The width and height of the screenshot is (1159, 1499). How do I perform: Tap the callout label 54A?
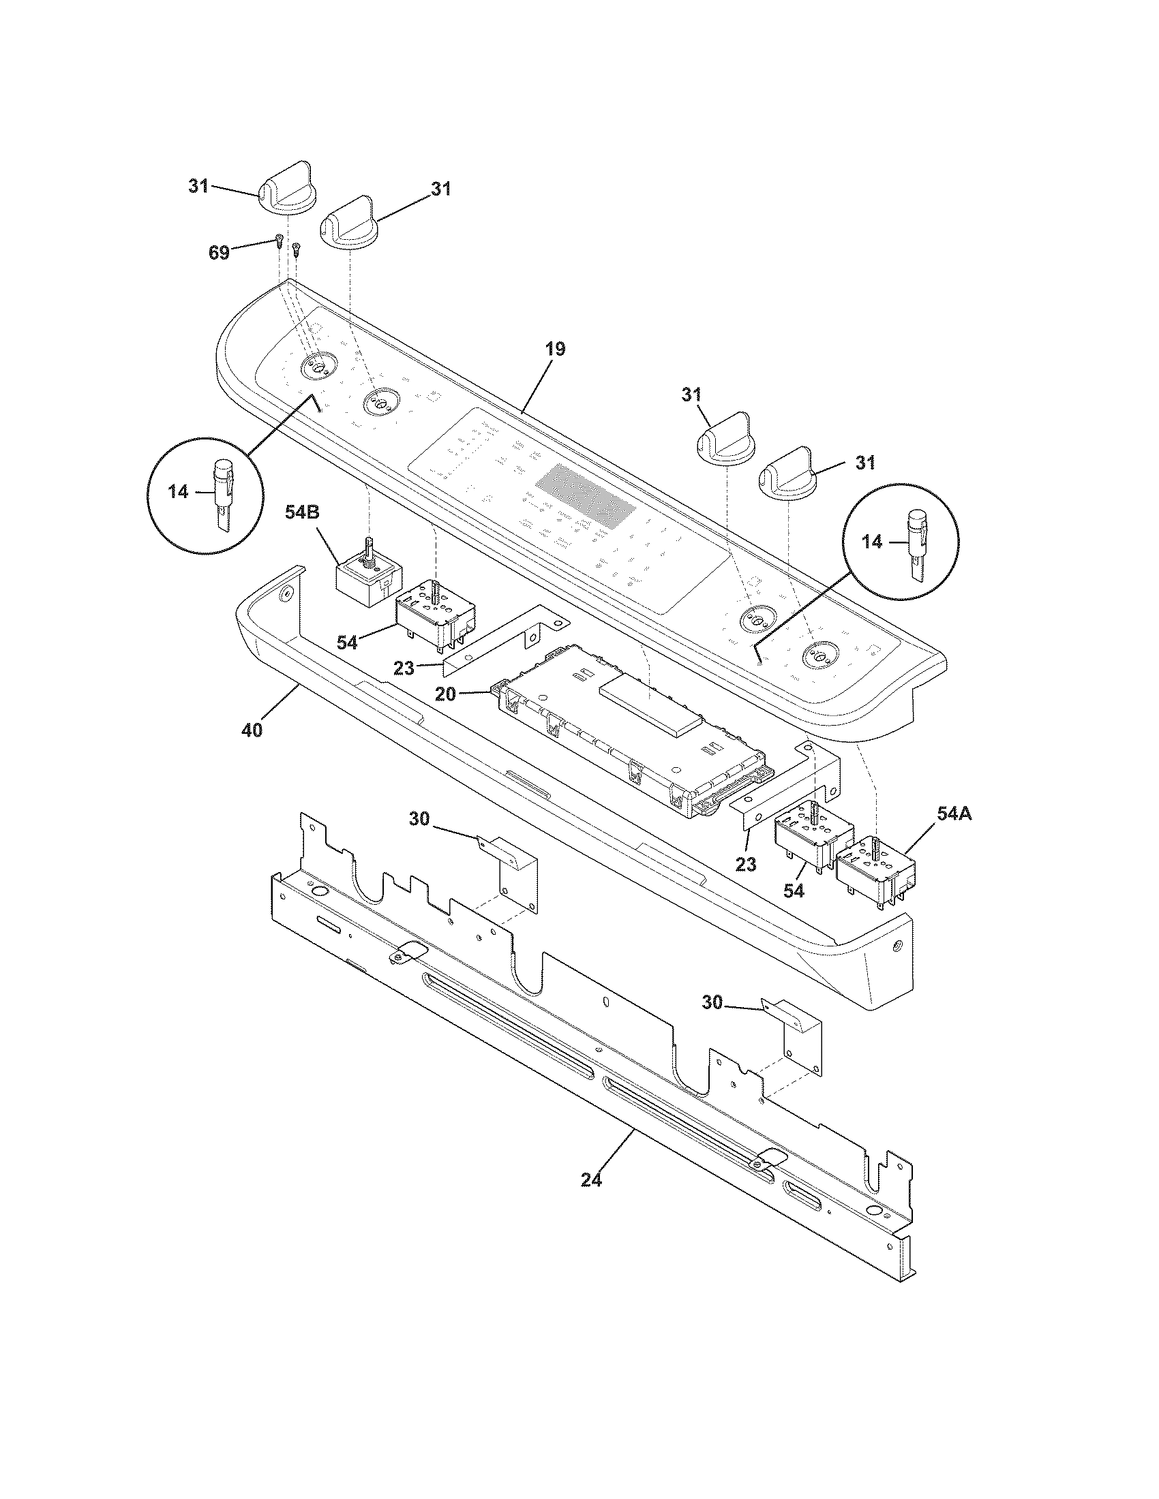point(954,814)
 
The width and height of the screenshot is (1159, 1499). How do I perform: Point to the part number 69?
point(219,253)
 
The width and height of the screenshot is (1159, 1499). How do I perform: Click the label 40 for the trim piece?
point(252,731)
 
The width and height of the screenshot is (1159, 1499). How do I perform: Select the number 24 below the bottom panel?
point(591,1180)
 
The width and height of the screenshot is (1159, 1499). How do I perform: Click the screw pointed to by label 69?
point(279,240)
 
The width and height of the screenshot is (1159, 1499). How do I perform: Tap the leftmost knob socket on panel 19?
point(317,365)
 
